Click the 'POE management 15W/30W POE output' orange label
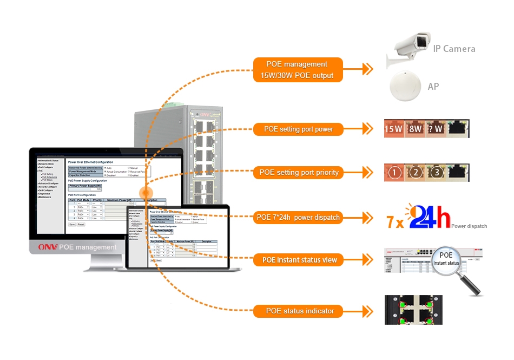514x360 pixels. (298, 70)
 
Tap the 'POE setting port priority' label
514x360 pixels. (299, 173)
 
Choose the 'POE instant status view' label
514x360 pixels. (299, 260)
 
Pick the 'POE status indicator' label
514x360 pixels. (299, 311)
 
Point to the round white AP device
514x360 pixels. (406, 86)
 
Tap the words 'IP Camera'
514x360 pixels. (454, 49)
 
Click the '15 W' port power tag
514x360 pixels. (393, 129)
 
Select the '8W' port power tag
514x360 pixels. (414, 129)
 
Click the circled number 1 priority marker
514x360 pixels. (395, 173)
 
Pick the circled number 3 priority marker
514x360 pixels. (437, 173)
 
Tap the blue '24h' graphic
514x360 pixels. (430, 218)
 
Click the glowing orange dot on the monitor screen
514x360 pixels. (146, 193)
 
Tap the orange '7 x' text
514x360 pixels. (394, 221)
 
